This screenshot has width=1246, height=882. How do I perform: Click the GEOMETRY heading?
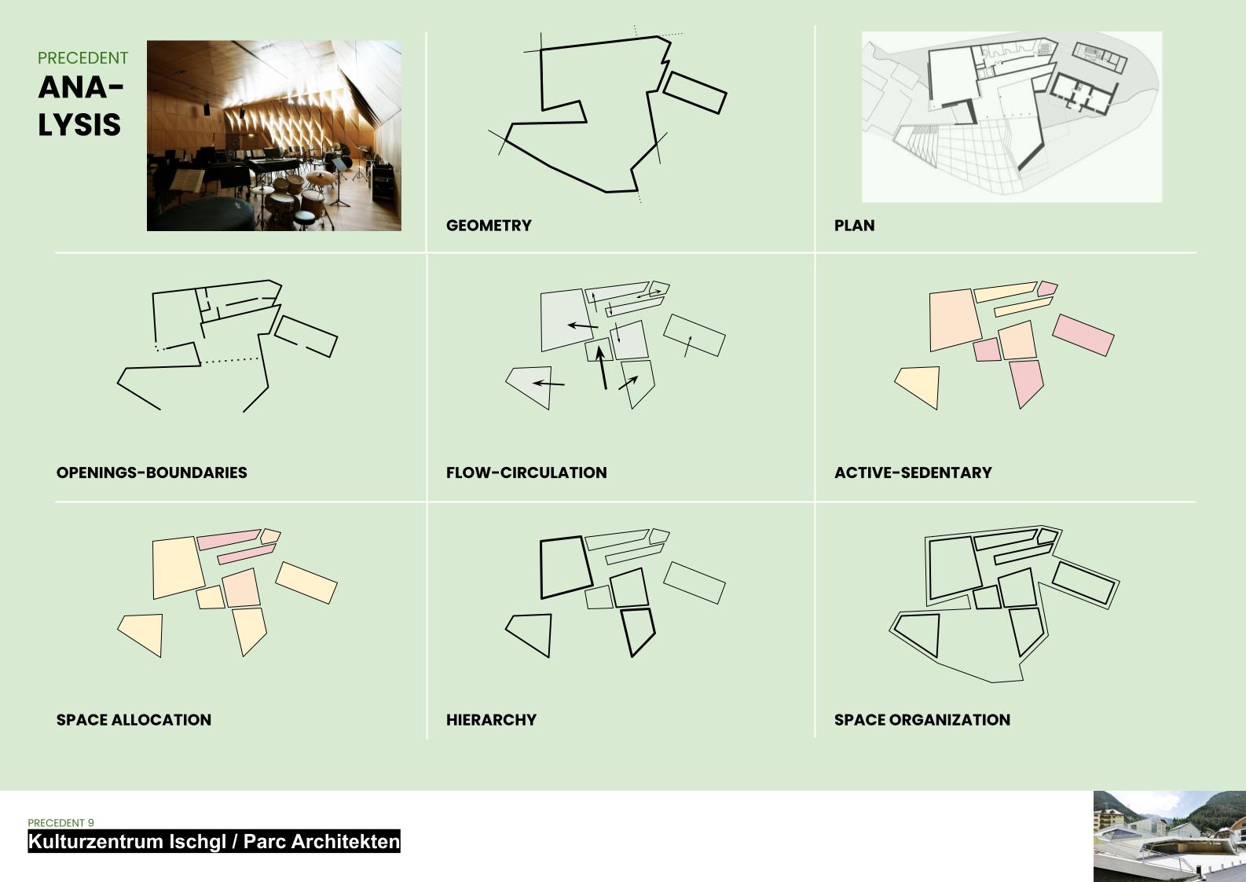click(489, 226)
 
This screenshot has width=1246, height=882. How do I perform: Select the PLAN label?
click(854, 226)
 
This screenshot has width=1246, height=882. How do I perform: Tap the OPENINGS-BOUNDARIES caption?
click(152, 472)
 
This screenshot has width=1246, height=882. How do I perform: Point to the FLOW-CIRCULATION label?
click(526, 472)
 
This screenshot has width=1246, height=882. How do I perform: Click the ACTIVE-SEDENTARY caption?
click(913, 472)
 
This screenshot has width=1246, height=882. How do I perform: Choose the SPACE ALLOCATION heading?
click(134, 719)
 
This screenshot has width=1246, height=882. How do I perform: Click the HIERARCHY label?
click(491, 719)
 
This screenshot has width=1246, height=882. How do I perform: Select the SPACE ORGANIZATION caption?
click(922, 719)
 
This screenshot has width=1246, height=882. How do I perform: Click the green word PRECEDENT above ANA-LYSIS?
click(82, 58)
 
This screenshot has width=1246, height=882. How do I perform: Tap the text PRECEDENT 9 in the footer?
click(60, 822)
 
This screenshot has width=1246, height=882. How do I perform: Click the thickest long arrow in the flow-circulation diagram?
click(601, 367)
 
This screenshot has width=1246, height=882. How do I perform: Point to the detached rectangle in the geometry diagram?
click(694, 93)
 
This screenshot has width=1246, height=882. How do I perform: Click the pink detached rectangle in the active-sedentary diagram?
click(1083, 335)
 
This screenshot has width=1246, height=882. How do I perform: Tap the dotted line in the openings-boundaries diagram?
click(231, 360)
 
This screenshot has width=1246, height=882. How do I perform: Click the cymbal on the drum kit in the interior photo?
click(321, 178)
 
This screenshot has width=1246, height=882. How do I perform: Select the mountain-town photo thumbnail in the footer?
click(1169, 836)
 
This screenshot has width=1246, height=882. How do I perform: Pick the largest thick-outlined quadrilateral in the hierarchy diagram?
click(566, 568)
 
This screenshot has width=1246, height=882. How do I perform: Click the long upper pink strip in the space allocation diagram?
click(229, 540)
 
